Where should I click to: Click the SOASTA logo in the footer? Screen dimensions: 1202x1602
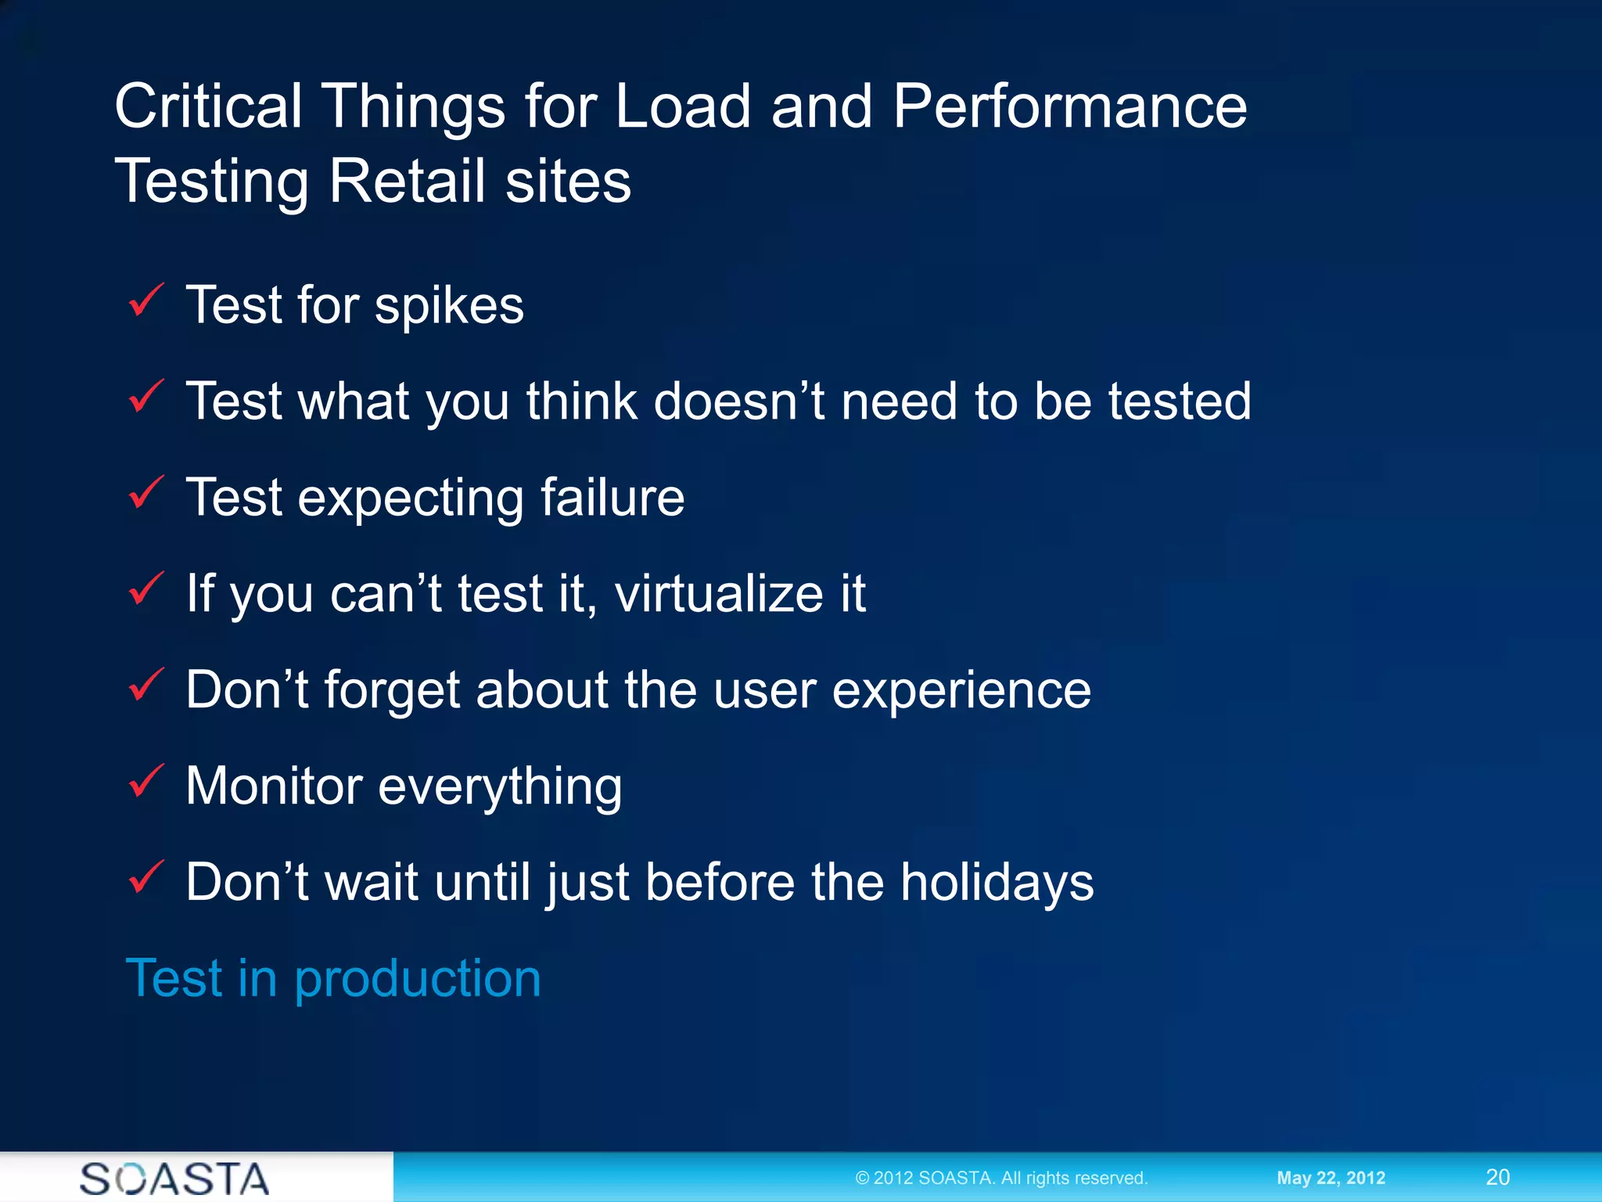click(x=174, y=1179)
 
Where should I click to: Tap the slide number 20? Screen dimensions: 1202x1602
click(x=1497, y=1177)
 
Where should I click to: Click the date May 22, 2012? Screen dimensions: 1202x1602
click(x=1331, y=1178)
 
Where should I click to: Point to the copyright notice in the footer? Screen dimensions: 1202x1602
click(x=1001, y=1178)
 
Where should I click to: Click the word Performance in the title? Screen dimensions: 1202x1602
click(x=1069, y=106)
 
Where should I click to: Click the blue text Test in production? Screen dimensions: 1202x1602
click(x=333, y=978)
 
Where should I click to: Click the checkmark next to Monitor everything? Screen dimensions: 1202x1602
click(x=145, y=782)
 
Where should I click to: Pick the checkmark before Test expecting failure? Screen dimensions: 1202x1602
click(x=145, y=494)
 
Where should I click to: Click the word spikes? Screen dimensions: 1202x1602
click(x=449, y=307)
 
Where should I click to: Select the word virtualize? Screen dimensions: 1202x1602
click(x=719, y=593)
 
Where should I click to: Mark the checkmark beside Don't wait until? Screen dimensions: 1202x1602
click(x=145, y=878)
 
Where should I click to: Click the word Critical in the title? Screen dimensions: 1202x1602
click(x=208, y=106)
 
